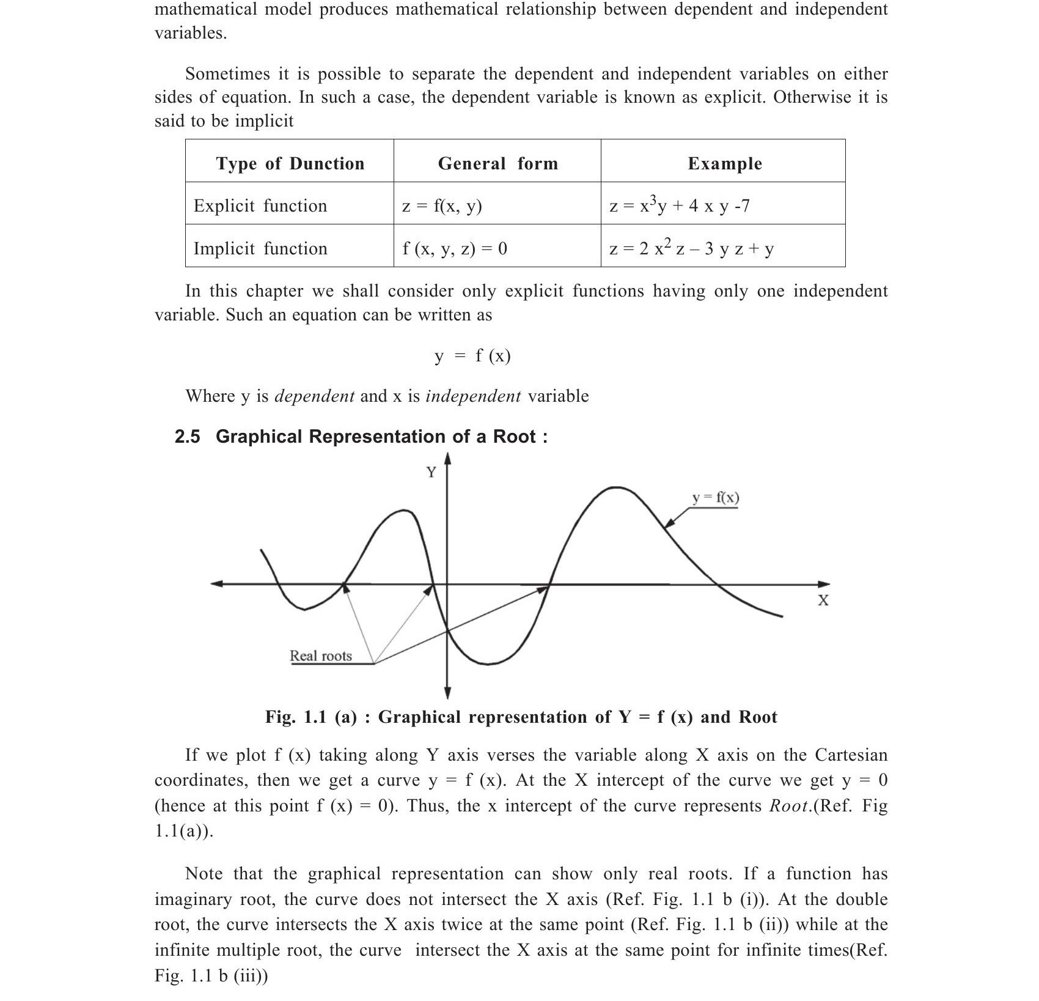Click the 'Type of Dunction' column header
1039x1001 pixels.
pyautogui.click(x=290, y=163)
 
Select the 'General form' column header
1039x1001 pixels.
pyautogui.click(x=497, y=163)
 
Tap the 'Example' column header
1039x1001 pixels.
pyautogui.click(x=725, y=163)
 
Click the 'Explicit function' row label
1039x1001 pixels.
pyautogui.click(x=260, y=205)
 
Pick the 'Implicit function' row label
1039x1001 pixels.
pyautogui.click(x=260, y=248)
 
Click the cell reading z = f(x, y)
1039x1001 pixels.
pyautogui.click(x=442, y=205)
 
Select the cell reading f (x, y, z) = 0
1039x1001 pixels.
pyautogui.click(x=455, y=248)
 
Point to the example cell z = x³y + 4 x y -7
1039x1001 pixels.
pyautogui.click(x=679, y=205)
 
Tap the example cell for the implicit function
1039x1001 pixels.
pyautogui.click(x=691, y=248)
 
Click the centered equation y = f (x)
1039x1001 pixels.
pyautogui.click(x=472, y=355)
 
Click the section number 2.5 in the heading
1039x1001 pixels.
pyautogui.click(x=187, y=437)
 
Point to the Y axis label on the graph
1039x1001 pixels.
pyautogui.click(x=431, y=472)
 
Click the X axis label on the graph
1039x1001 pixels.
pyautogui.click(x=823, y=600)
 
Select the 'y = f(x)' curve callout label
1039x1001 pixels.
pyautogui.click(x=716, y=498)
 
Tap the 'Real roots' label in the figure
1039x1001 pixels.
pyautogui.click(x=321, y=656)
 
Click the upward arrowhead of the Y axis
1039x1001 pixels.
pyautogui.click(x=447, y=459)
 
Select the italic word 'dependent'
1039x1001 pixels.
pyautogui.click(x=314, y=396)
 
